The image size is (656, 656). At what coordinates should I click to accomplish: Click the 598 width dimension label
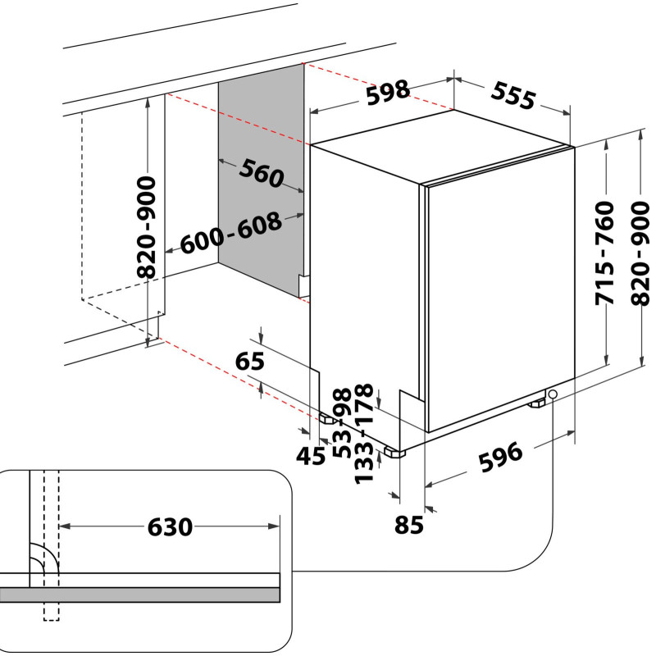pos(388,93)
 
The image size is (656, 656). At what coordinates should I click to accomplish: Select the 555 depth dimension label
pos(513,96)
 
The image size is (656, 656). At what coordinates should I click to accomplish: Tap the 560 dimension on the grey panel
pos(262,172)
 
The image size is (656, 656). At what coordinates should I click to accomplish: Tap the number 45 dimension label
pos(311,456)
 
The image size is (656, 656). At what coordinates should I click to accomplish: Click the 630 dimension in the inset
pos(170,526)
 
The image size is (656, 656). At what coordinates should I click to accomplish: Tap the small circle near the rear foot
pos(553,395)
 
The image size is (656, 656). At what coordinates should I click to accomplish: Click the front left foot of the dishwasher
pos(396,452)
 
